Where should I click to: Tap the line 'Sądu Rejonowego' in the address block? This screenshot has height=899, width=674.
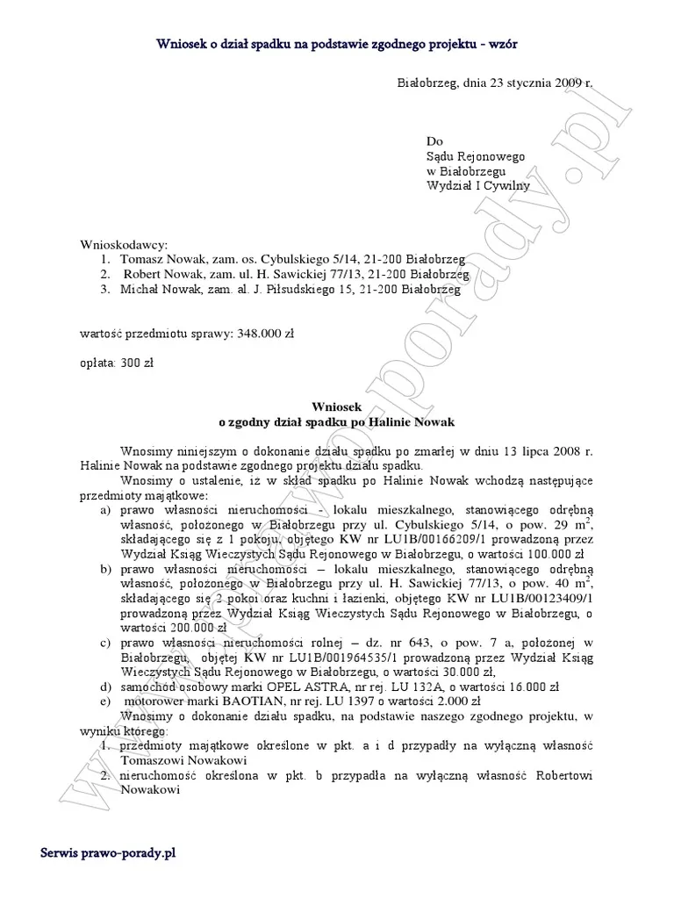(475, 156)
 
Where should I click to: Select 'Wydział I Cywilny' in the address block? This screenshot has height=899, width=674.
(477, 185)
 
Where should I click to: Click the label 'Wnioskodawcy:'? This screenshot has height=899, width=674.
(123, 244)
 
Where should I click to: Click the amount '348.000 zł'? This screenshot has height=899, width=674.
(265, 334)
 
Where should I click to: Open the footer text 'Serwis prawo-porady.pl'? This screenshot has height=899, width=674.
(109, 853)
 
